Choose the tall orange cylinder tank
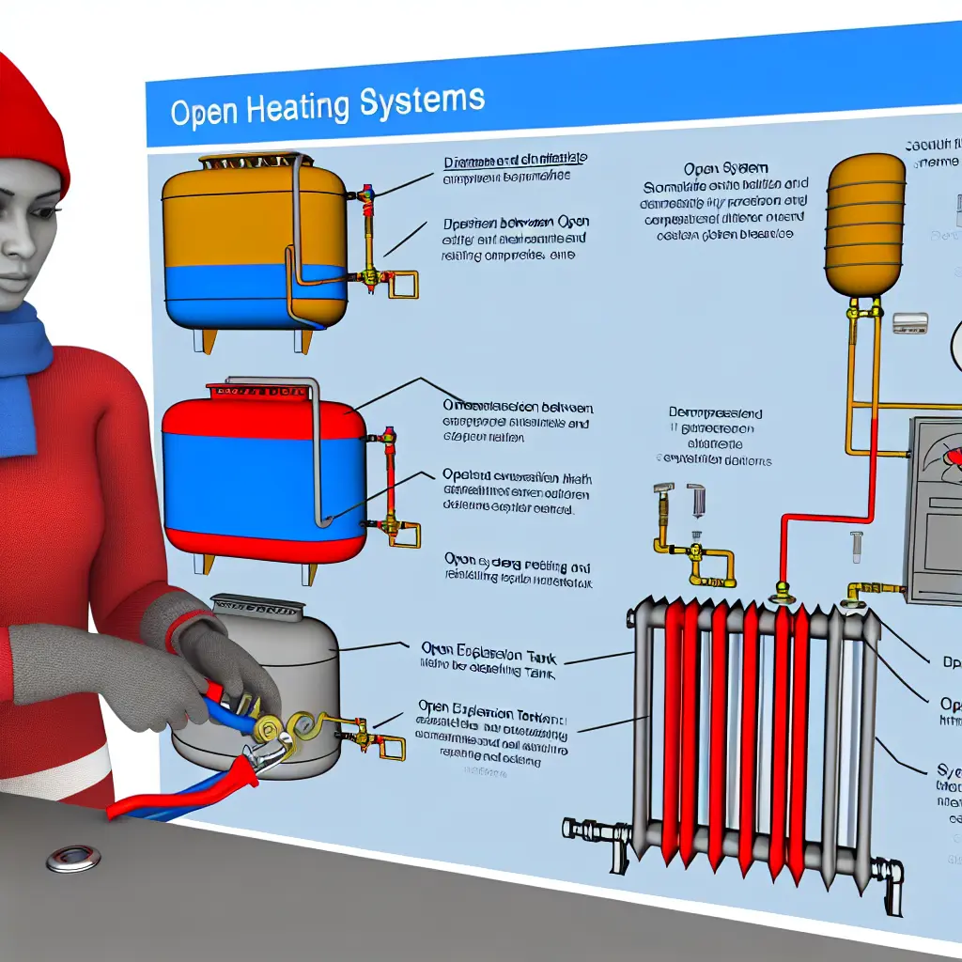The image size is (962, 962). point(864,225)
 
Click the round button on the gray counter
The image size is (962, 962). point(73,856)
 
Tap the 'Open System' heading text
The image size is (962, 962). point(714,169)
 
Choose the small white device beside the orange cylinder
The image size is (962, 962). point(909,323)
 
